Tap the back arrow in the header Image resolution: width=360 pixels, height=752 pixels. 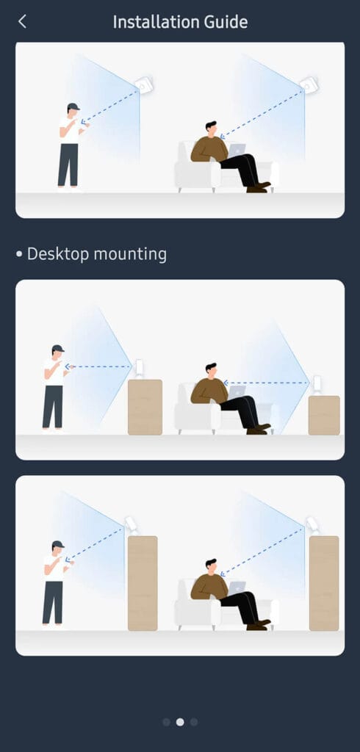pos(22,21)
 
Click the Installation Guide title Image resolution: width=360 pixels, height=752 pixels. pos(180,22)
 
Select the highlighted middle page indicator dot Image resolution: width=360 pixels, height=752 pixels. pos(180,722)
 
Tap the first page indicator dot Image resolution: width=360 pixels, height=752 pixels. pos(166,722)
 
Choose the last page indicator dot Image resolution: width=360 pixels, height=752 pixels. pos(194,722)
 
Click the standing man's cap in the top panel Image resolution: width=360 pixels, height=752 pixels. pos(72,107)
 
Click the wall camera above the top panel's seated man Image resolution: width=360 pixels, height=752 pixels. pos(309,84)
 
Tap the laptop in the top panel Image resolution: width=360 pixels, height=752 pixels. pos(236,151)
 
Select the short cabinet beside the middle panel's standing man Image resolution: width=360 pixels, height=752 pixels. pos(145,407)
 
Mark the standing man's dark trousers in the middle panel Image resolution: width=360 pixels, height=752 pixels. pos(52,406)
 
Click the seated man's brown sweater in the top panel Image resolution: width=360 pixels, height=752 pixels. pos(208,149)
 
